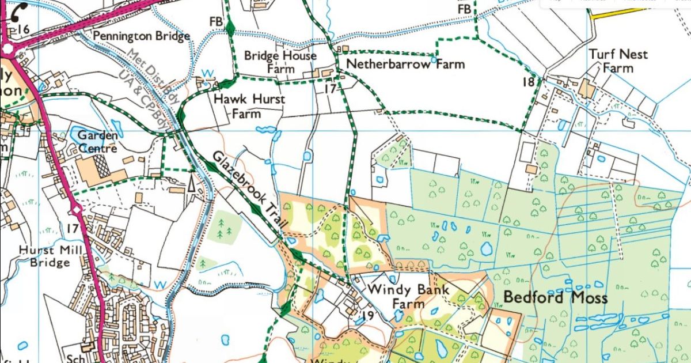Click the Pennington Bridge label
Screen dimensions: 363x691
141,36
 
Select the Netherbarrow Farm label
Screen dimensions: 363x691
405,64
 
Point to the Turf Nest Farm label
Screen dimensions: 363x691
618,61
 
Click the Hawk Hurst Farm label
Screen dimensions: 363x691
249,106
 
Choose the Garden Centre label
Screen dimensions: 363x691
97,142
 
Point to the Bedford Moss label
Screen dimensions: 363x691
556,298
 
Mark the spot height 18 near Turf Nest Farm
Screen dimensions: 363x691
528,82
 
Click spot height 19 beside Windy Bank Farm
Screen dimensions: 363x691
369,315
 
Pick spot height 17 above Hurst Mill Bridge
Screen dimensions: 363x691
72,229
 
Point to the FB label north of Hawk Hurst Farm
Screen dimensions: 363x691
216,21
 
